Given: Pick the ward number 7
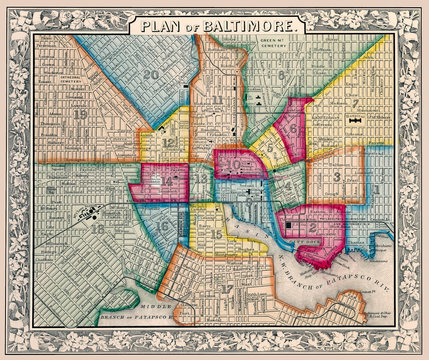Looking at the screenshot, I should pyautogui.click(x=355, y=103).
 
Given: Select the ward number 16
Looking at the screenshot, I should pyautogui.click(x=162, y=228).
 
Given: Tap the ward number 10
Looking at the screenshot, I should pyautogui.click(x=233, y=160).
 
